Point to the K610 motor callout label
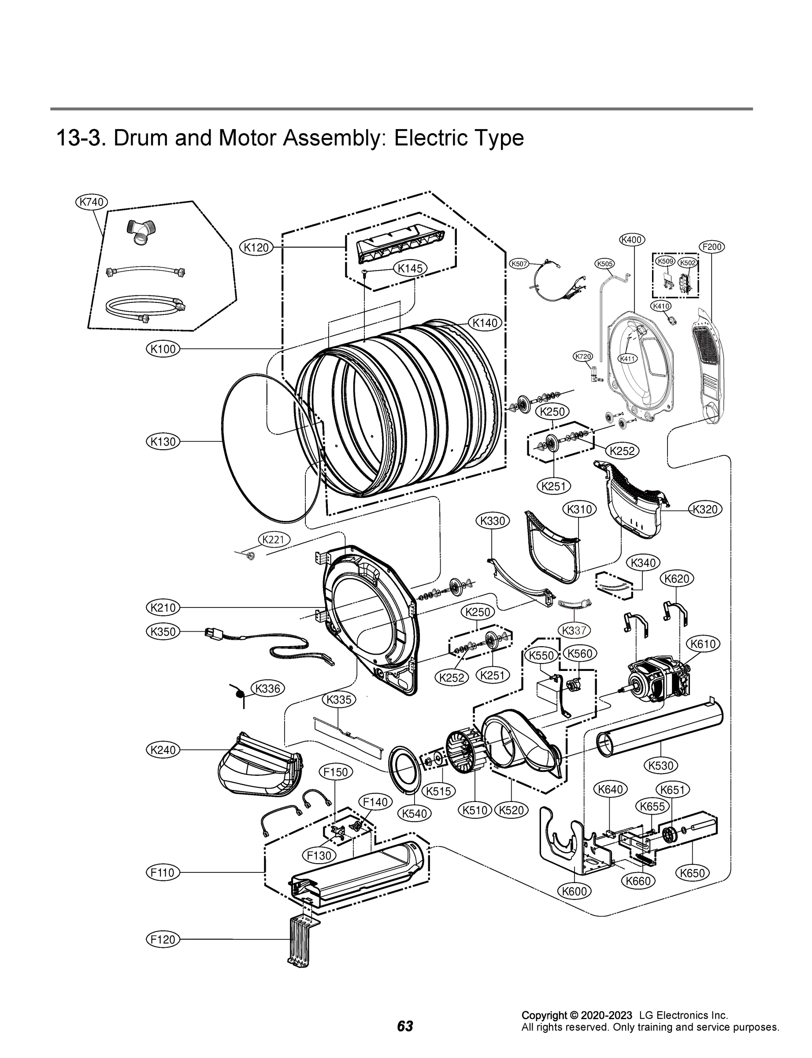703,644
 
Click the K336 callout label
267,689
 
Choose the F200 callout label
712,246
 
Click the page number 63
405,1026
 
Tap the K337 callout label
575,630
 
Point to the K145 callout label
410,268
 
